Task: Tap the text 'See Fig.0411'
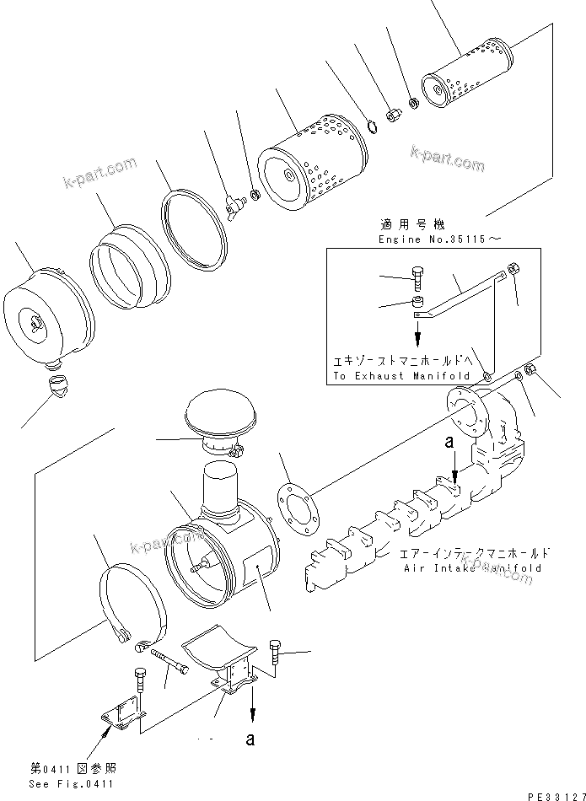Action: (x=72, y=783)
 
